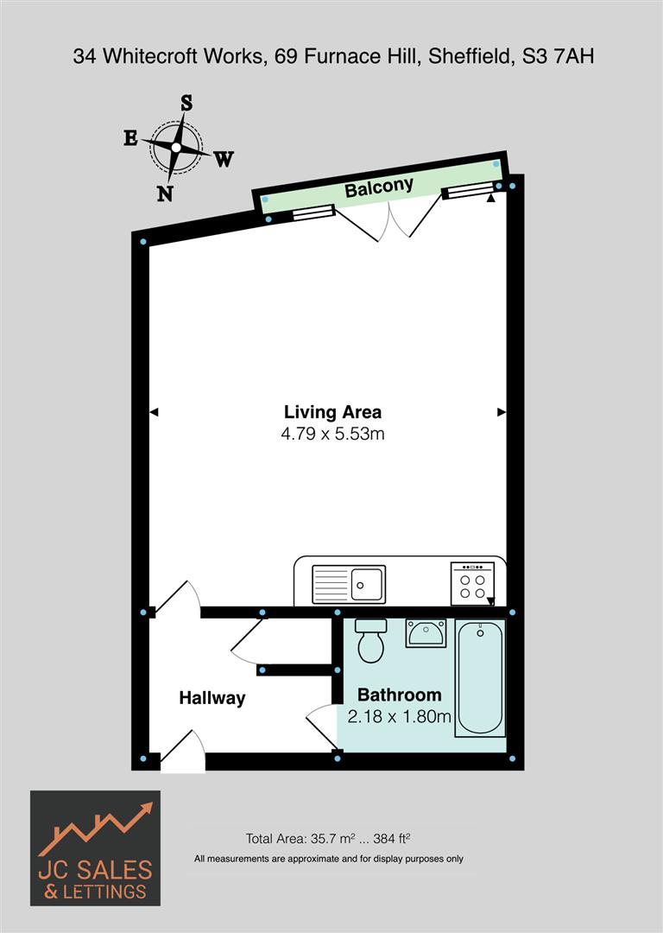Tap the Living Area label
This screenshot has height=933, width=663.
pyautogui.click(x=332, y=412)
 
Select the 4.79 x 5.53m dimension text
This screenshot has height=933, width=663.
pyautogui.click(x=332, y=435)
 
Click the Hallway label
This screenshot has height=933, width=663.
pyautogui.click(x=212, y=698)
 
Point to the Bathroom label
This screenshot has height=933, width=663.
pyautogui.click(x=399, y=695)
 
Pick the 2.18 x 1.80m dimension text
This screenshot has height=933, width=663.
pyautogui.click(x=399, y=716)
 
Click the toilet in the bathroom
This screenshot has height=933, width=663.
pyautogui.click(x=371, y=641)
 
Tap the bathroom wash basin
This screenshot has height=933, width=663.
pyautogui.click(x=425, y=634)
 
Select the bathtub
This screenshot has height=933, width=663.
pyautogui.click(x=481, y=677)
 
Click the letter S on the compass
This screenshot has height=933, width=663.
pyautogui.click(x=186, y=103)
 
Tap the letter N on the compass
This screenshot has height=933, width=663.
pyautogui.click(x=164, y=194)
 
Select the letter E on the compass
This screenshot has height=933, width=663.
pyautogui.click(x=130, y=138)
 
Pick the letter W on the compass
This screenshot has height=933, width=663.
pyautogui.click(x=224, y=159)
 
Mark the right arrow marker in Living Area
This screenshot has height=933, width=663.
pyautogui.click(x=502, y=413)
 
